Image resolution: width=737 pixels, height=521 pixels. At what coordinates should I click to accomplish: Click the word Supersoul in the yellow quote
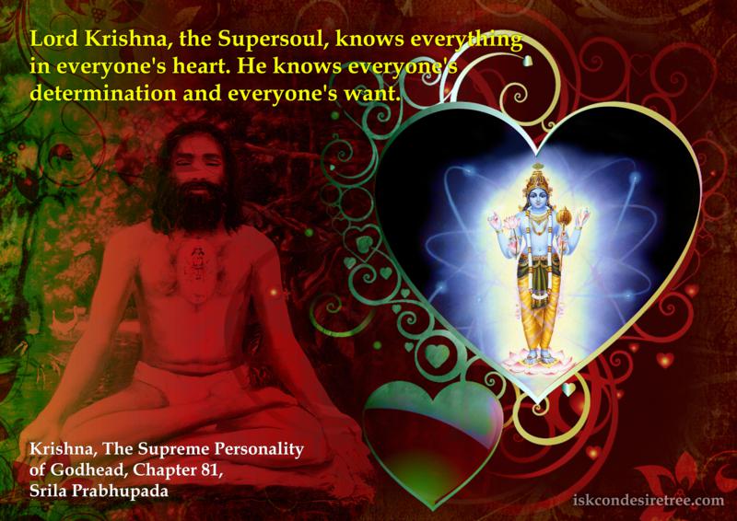[x=273, y=40]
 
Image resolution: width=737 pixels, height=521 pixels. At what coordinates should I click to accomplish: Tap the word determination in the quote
[x=102, y=94]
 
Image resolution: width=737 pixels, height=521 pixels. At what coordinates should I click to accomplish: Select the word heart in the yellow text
[x=200, y=66]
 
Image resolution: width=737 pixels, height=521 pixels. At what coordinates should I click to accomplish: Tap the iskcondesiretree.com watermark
[x=649, y=501]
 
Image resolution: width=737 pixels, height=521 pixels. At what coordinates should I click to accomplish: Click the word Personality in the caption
[x=259, y=449]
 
